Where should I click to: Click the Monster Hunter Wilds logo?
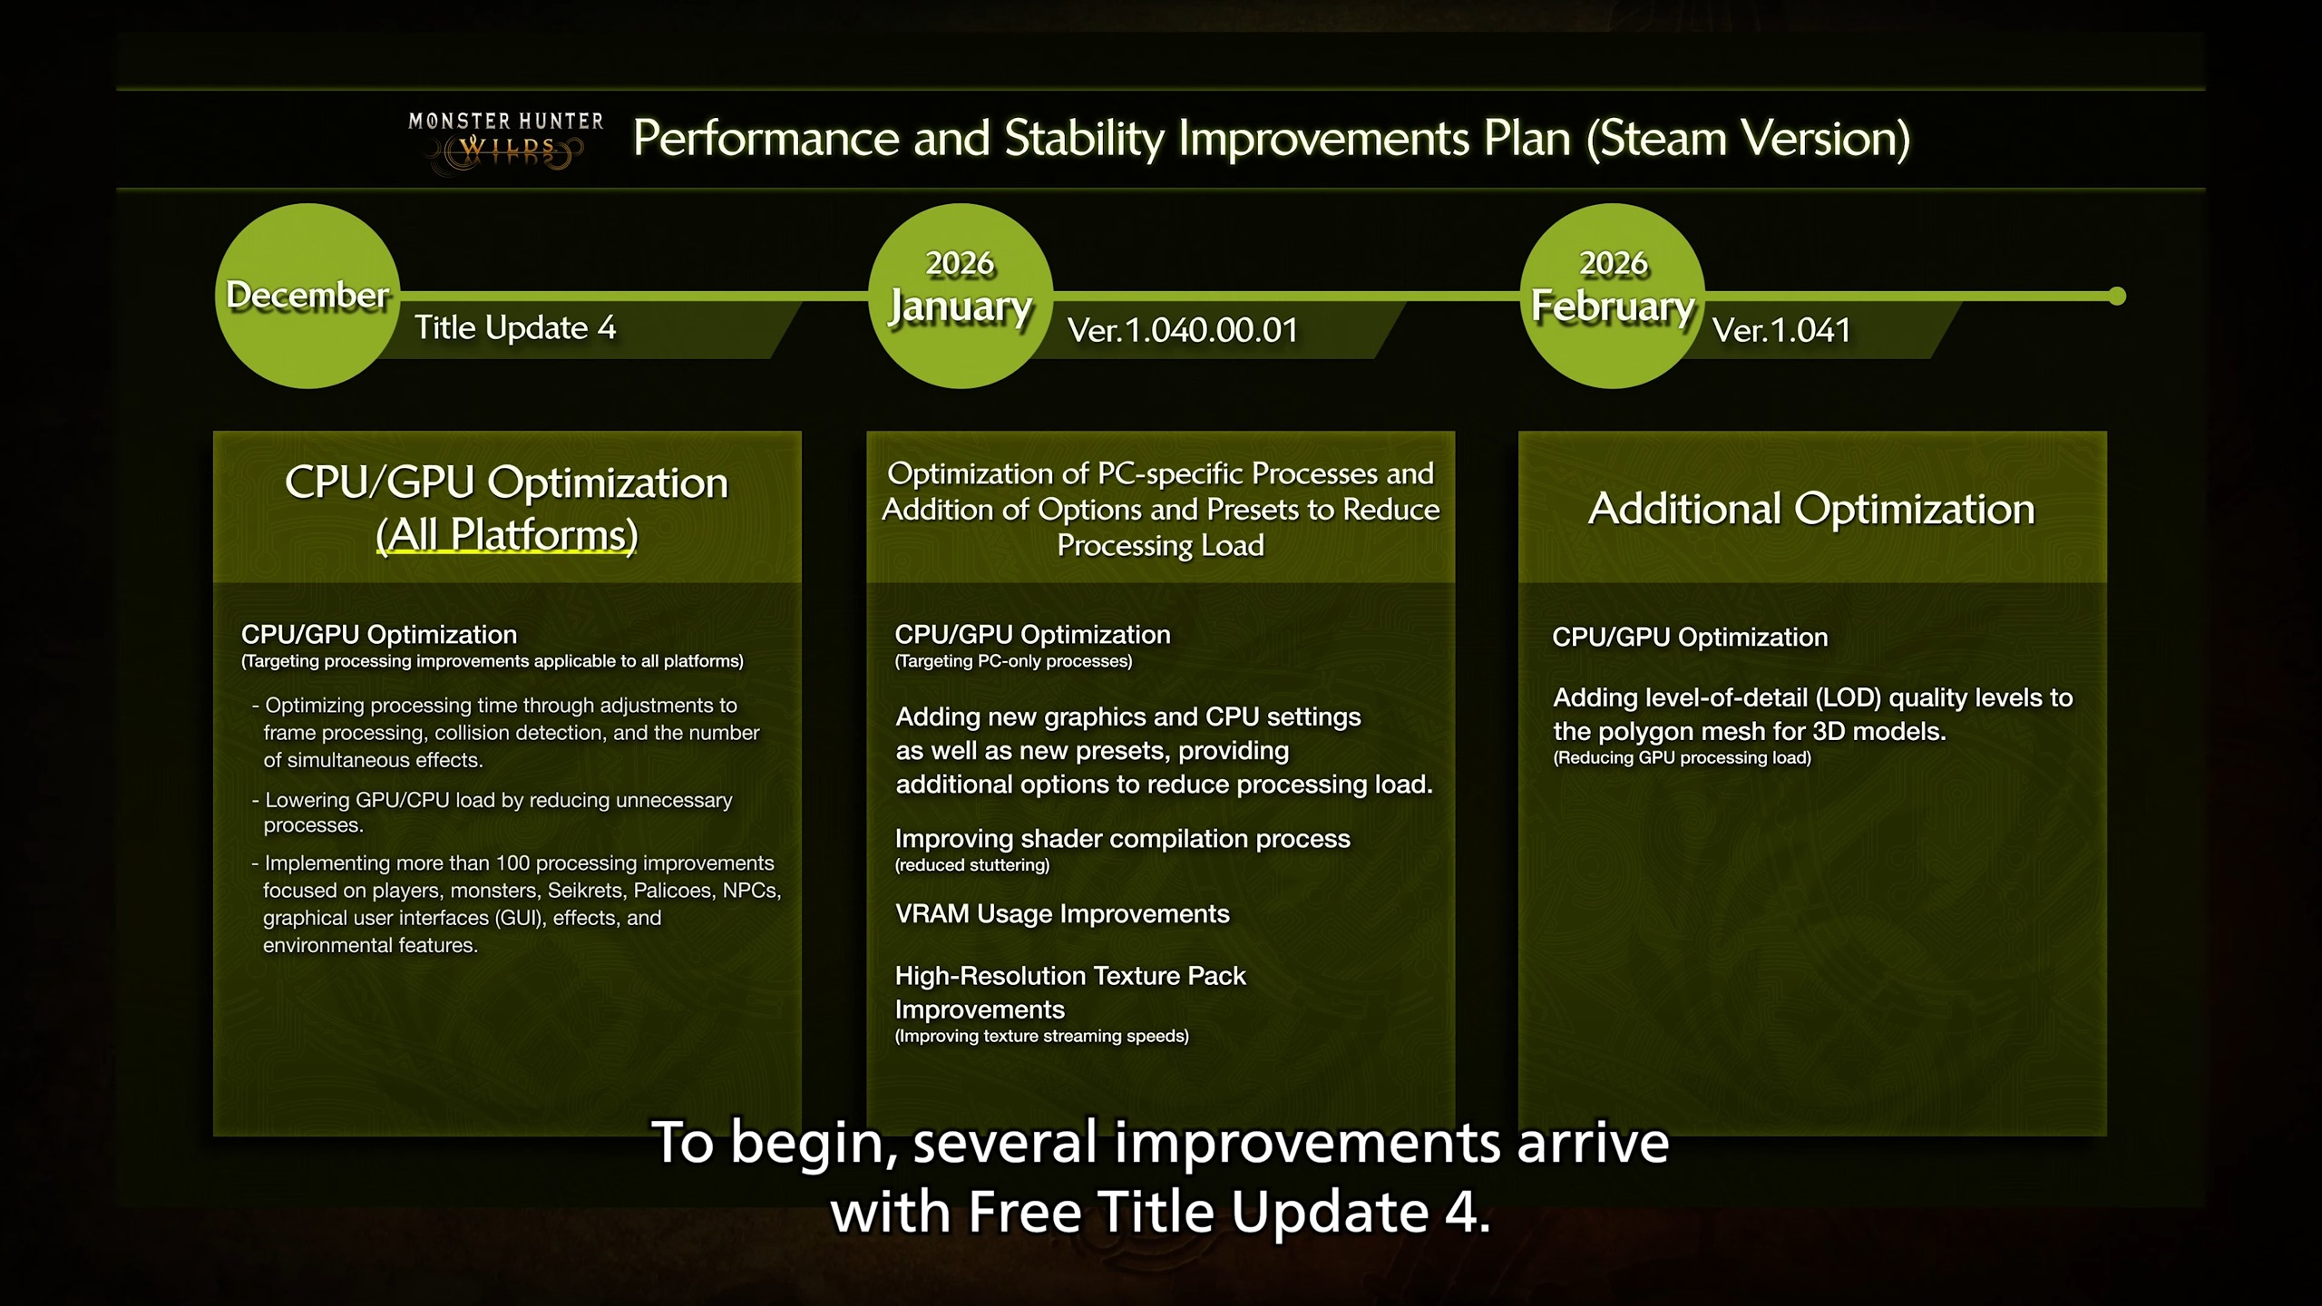505,141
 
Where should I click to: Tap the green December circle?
307,297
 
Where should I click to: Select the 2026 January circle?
961,297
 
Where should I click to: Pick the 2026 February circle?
1612,297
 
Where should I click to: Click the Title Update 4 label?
515,327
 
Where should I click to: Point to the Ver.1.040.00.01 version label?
1183,330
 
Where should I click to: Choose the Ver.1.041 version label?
1781,330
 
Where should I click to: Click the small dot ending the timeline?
2117,297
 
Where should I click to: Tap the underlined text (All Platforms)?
507,535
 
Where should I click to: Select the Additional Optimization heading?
1810,509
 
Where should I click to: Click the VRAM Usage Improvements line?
1062,914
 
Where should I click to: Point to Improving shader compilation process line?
1122,839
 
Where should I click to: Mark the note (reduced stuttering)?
971,865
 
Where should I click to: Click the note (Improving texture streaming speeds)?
1041,1036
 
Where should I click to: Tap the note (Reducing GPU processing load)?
1682,758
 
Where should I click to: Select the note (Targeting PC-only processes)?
1013,661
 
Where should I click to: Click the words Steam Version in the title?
1747,139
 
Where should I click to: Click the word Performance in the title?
766,139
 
